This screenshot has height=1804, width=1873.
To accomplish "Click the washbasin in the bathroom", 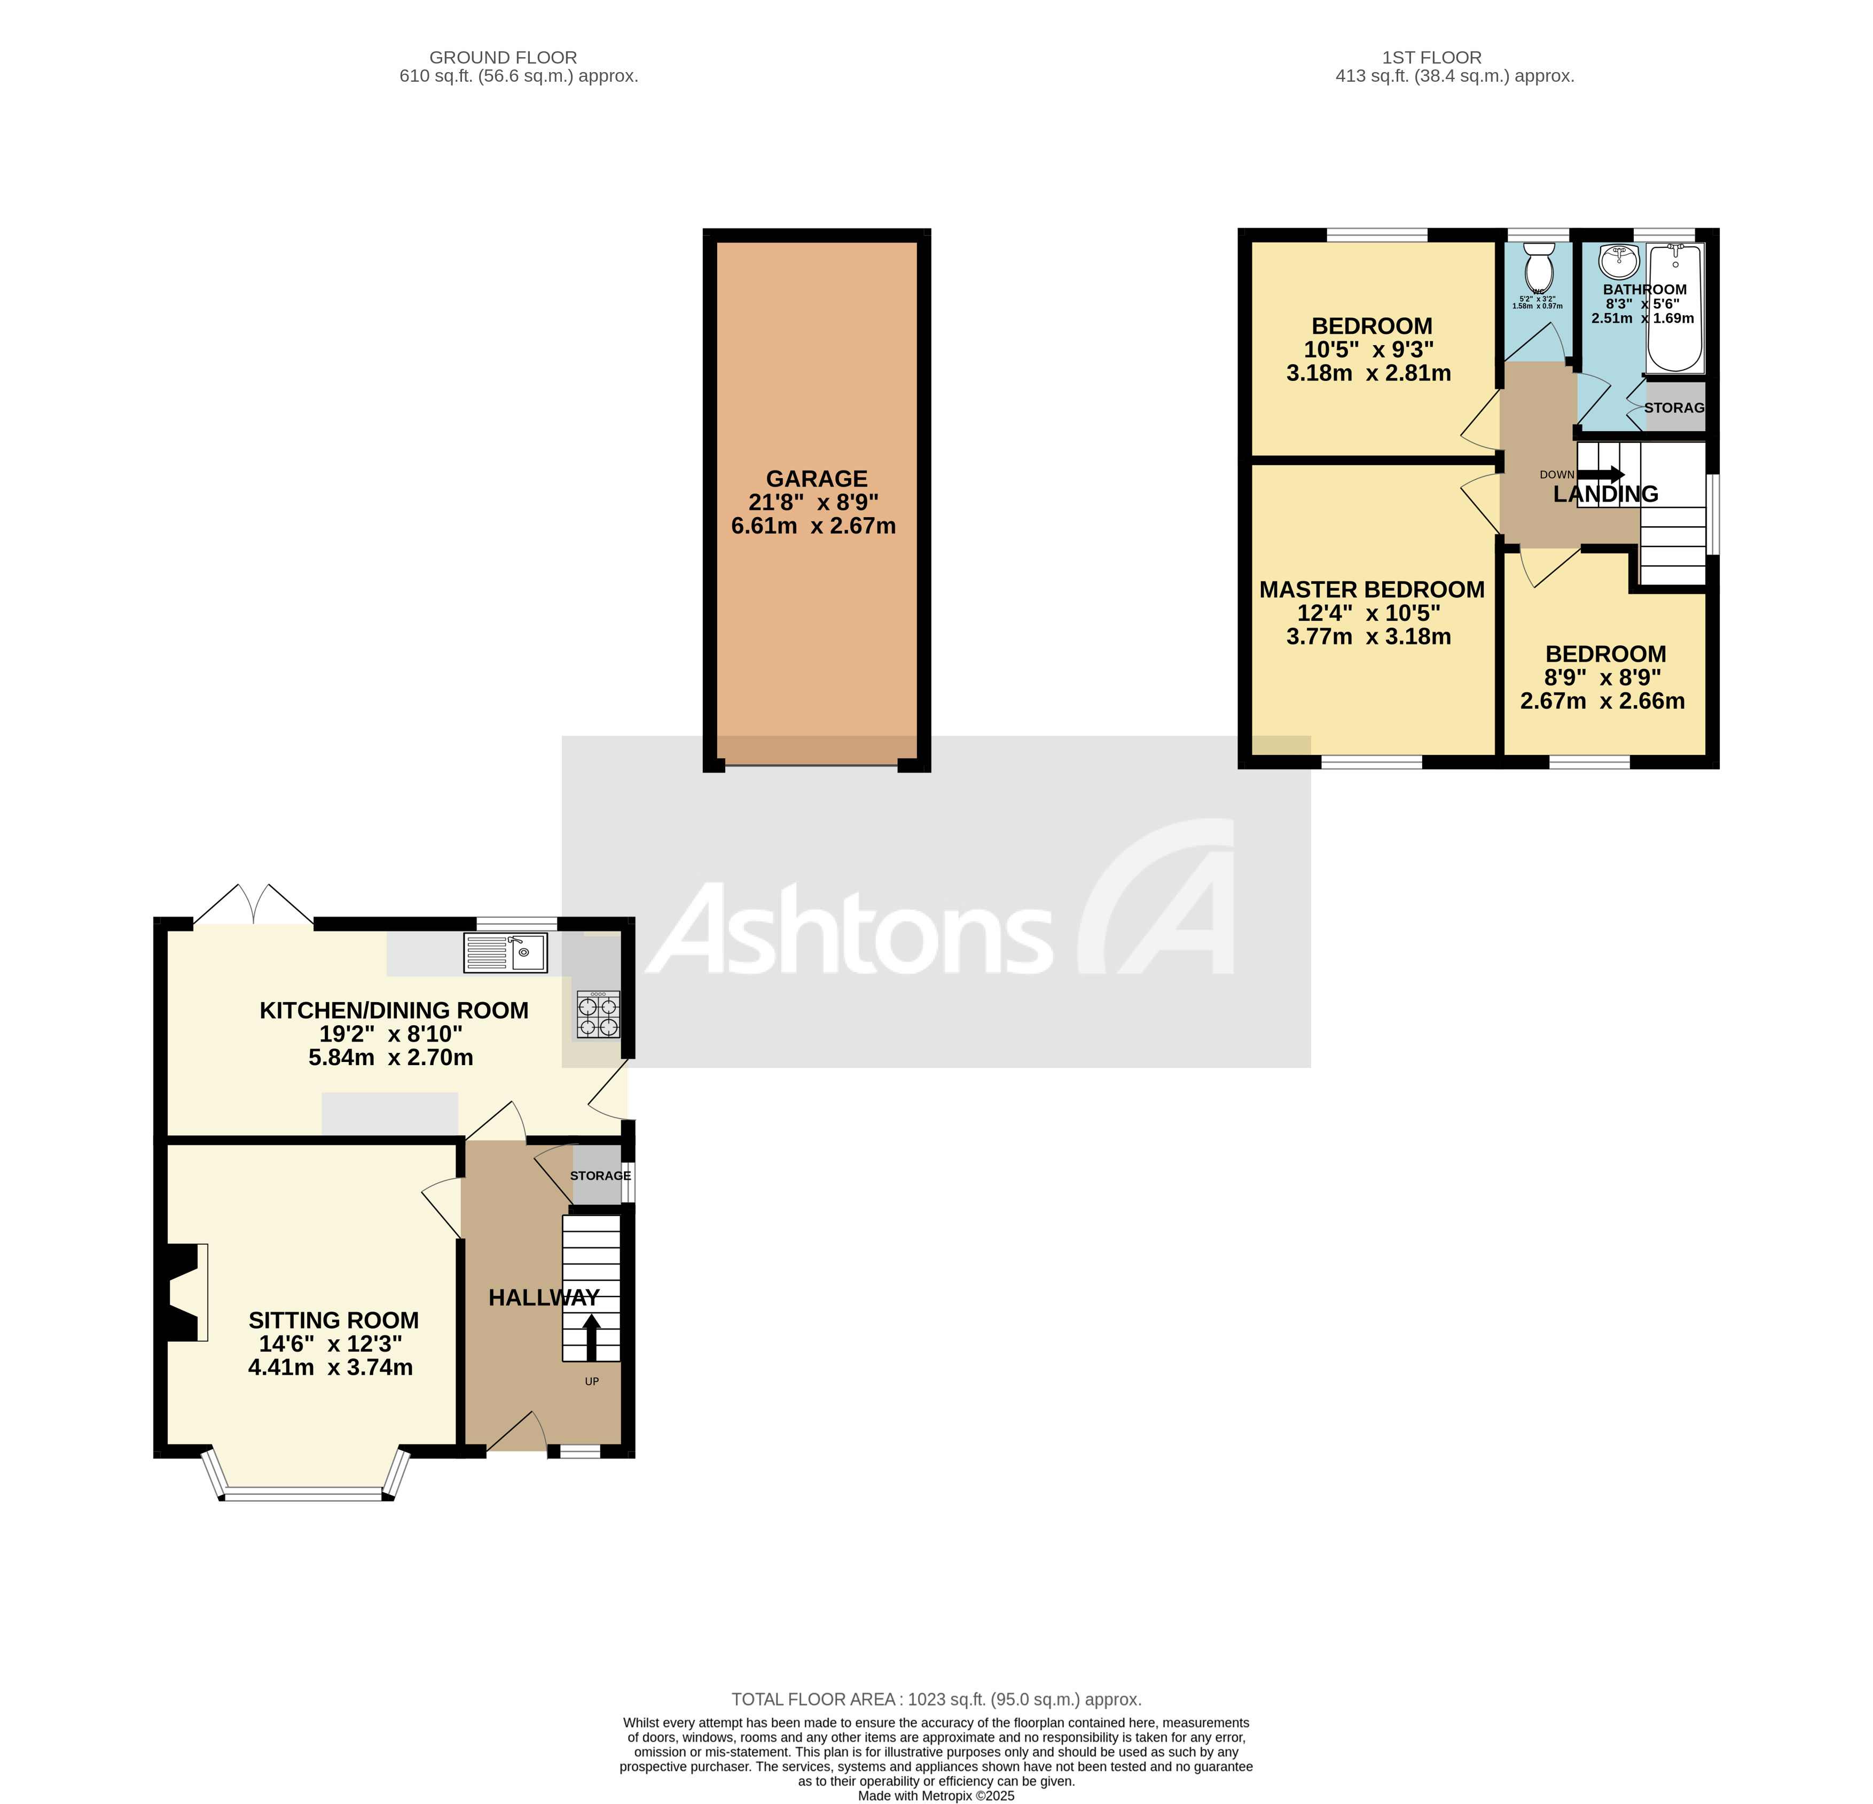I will pos(1618,258).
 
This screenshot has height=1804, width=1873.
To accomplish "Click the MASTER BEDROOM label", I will pos(1372,590).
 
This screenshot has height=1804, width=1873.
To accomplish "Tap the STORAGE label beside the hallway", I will pos(600,1175).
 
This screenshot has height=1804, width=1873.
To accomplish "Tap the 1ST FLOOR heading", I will pos(1431,57).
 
